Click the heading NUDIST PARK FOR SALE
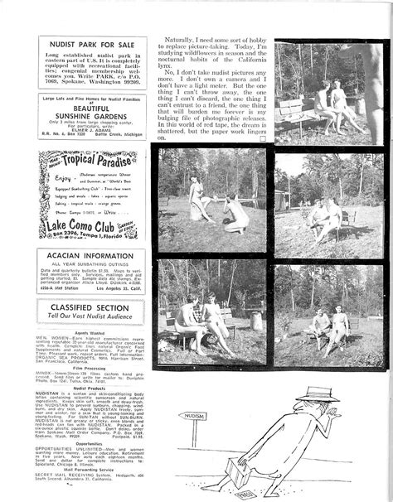pos(90,42)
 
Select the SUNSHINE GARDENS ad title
pos(90,118)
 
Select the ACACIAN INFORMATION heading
pos(90,256)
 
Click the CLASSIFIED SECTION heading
pos(90,307)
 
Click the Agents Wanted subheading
pos(90,333)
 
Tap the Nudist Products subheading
pos(90,388)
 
